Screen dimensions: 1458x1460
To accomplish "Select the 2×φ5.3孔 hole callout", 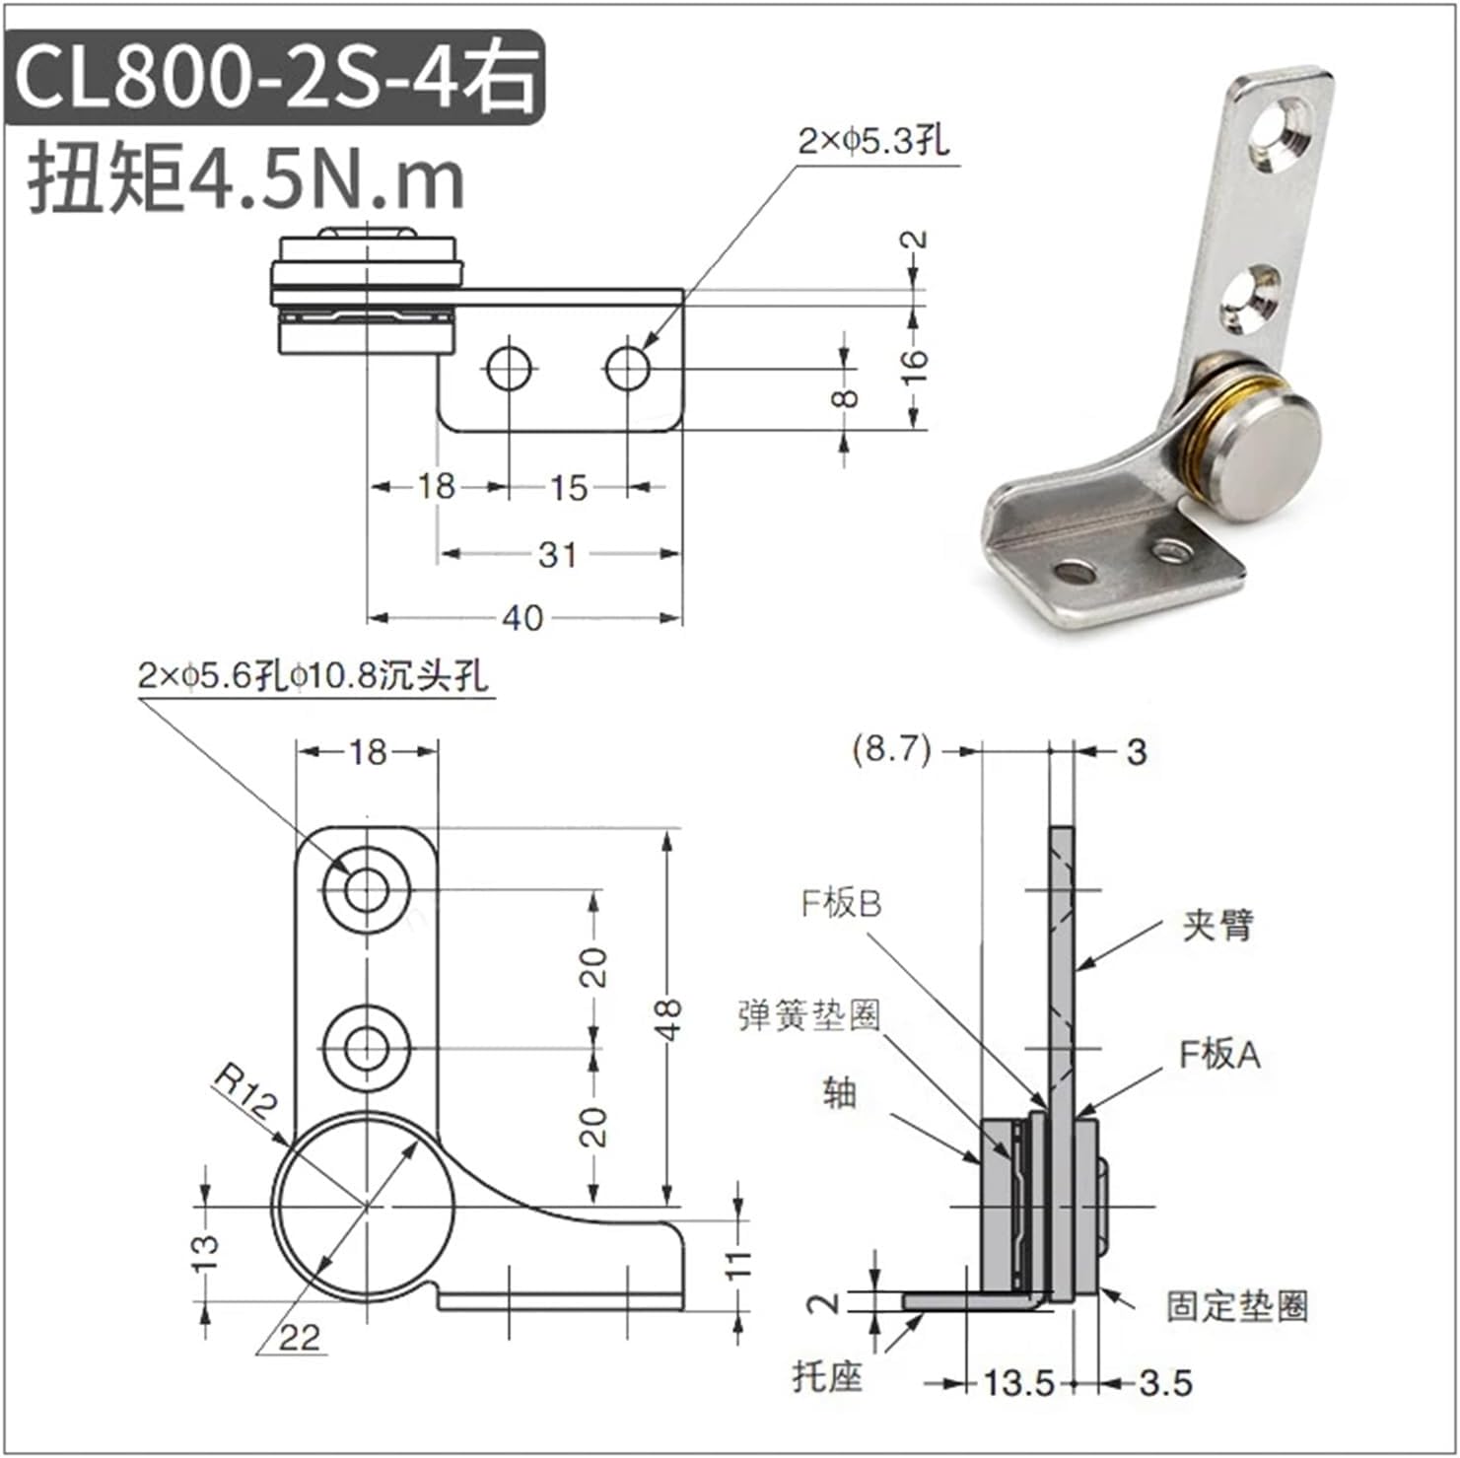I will (x=873, y=142).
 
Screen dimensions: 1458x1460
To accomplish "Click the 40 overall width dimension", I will (x=521, y=618).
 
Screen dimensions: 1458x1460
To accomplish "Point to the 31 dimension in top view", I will (x=557, y=554).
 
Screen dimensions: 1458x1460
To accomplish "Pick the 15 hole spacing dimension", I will (x=568, y=487).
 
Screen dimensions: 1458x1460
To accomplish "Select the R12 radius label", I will (x=245, y=1093).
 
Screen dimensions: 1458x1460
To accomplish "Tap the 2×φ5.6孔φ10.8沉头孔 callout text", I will (x=313, y=676).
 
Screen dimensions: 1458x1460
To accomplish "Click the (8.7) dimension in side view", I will (x=891, y=750).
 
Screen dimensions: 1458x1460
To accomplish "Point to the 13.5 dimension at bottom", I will (x=1019, y=1383).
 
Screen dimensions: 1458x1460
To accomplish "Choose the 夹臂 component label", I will (x=1217, y=925).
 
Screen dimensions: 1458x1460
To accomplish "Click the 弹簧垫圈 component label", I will (x=809, y=1014).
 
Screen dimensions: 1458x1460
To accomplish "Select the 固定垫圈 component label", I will (x=1237, y=1306).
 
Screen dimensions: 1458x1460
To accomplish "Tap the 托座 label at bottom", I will (x=827, y=1376).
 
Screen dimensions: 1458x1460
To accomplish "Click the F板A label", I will (x=1219, y=1055).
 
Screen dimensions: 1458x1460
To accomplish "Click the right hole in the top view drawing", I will (x=627, y=370).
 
